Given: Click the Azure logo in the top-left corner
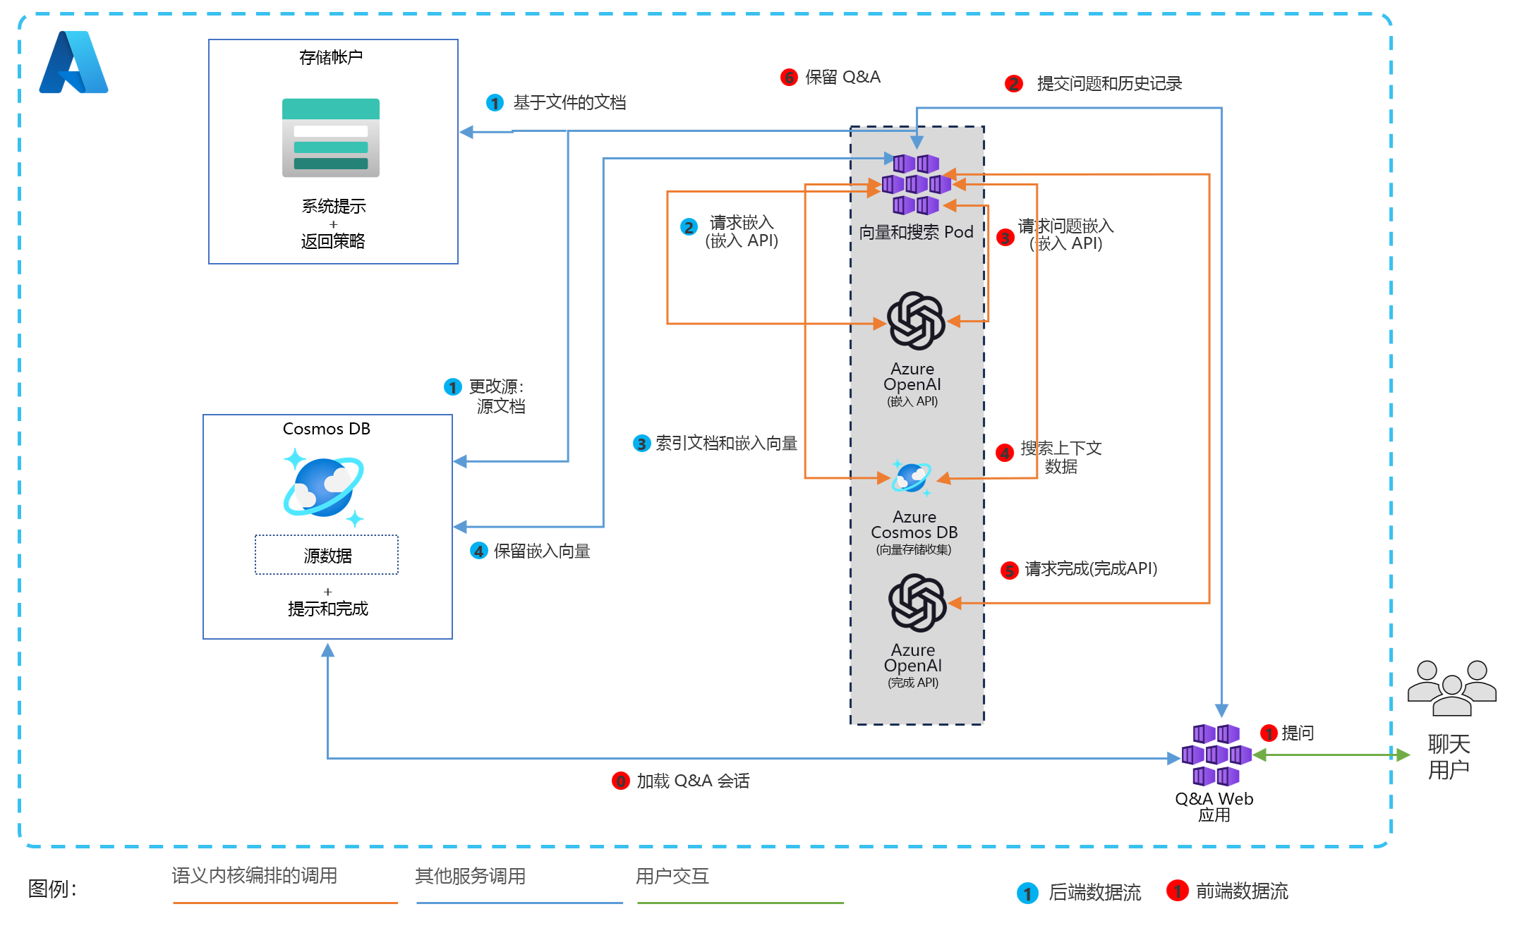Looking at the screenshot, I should point(73,62).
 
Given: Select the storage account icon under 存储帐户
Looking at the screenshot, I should point(330,138).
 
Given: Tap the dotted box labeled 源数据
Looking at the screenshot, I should point(327,555).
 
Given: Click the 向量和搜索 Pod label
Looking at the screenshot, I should point(916,232).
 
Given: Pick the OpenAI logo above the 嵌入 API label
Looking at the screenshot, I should point(916,321).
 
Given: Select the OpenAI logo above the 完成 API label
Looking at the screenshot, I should point(917,602).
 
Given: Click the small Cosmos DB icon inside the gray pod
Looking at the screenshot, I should point(912,478).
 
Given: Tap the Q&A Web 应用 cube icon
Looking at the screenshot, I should point(1216,755).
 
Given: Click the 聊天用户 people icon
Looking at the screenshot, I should point(1451,688).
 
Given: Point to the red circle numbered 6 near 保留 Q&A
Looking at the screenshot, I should point(789,77).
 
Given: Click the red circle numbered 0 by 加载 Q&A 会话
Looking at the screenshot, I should point(620,781).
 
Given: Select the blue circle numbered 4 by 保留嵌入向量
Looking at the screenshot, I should point(478,551).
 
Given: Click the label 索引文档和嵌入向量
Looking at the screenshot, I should point(726,443).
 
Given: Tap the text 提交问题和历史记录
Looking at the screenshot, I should point(1109,83).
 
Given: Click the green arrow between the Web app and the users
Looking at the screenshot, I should point(1331,755).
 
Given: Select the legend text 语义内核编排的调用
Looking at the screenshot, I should point(255,875).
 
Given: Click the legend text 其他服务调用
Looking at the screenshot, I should point(470,876).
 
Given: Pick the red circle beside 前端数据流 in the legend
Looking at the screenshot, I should point(1176,891).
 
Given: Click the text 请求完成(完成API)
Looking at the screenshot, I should point(1091,568).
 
